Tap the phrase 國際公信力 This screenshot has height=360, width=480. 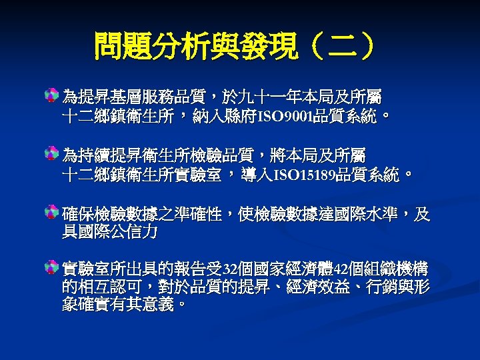[x=110, y=232]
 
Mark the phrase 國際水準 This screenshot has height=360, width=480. [x=366, y=215]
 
